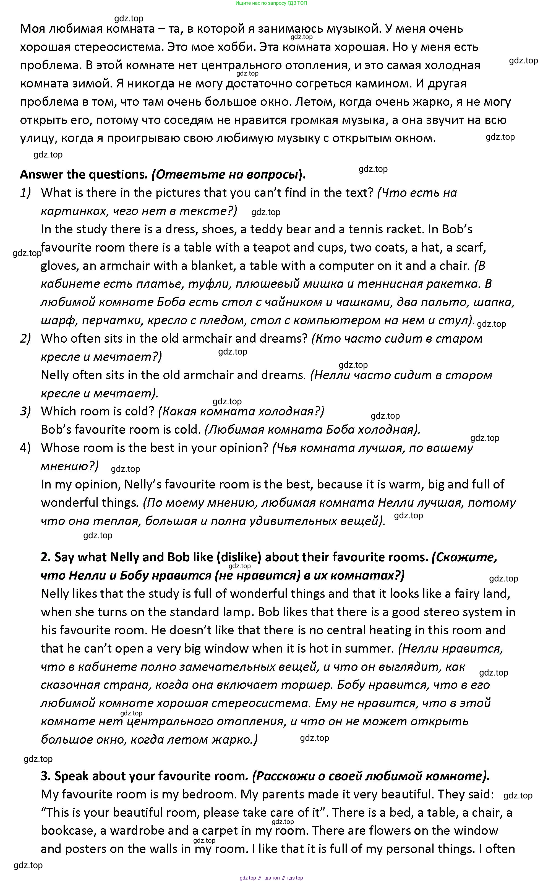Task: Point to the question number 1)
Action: (25, 193)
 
